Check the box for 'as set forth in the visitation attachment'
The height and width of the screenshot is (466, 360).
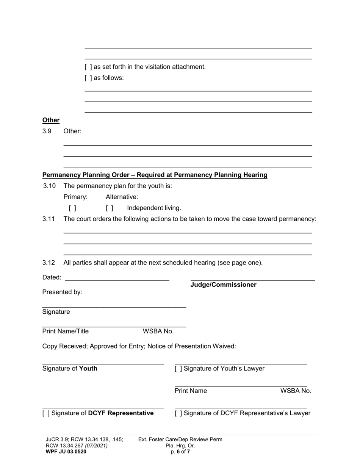pyautogui.click(x=88, y=67)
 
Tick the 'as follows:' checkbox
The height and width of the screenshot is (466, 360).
pyautogui.click(x=88, y=78)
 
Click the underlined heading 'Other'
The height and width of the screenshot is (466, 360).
pyautogui.click(x=51, y=120)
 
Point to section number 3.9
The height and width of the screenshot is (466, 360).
pyautogui.click(x=47, y=131)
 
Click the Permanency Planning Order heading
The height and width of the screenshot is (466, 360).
pyautogui.click(x=155, y=175)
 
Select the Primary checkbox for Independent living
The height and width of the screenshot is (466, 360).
pyautogui.click(x=72, y=208)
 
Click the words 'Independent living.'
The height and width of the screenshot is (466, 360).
pyautogui.click(x=154, y=208)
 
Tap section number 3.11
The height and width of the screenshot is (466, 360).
pyautogui.click(x=49, y=219)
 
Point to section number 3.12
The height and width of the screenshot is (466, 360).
pyautogui.click(x=49, y=263)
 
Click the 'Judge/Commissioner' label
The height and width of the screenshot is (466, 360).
pyautogui.click(x=223, y=285)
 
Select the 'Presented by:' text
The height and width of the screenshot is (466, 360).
pyautogui.click(x=62, y=292)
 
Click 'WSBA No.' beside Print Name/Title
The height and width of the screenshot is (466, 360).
pyautogui.click(x=158, y=332)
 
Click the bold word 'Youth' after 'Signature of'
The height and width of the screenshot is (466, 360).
pyautogui.click(x=88, y=369)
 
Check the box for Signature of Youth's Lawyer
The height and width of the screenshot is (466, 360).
pyautogui.click(x=178, y=369)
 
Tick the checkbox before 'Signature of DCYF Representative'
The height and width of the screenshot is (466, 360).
pyautogui.click(x=45, y=413)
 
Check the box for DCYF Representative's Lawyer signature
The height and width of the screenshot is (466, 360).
pyautogui.click(x=178, y=413)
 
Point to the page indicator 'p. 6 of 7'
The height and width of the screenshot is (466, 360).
pyautogui.click(x=180, y=452)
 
